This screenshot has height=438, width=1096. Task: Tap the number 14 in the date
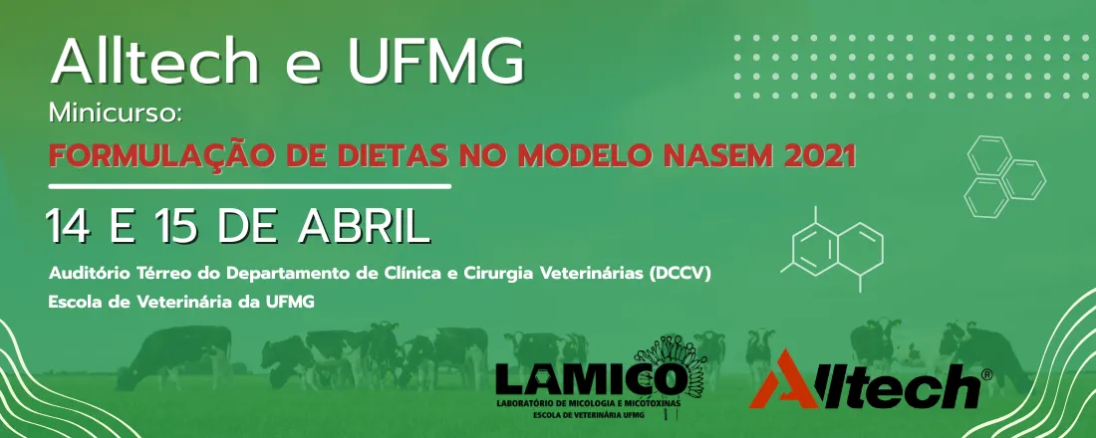tap(71, 226)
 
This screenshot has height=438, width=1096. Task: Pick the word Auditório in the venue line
tap(87, 272)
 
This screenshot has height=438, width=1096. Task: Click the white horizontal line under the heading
tap(249, 186)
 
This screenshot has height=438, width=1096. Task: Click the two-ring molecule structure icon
tap(836, 248)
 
